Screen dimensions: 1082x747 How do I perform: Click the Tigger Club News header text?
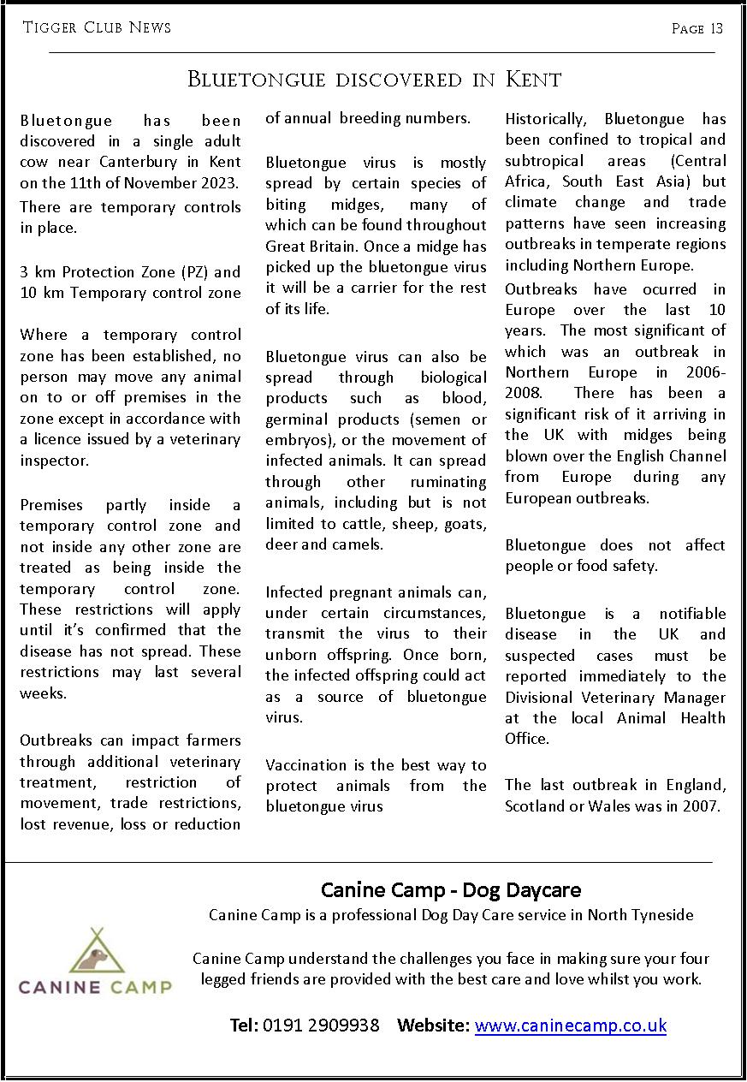coord(97,27)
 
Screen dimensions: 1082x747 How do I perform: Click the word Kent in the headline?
coord(533,80)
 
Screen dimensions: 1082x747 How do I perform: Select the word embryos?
coord(296,440)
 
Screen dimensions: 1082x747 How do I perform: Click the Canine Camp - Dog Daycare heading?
coord(451,890)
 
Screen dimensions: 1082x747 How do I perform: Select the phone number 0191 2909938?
coord(321,1025)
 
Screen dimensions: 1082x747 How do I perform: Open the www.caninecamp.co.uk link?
coord(570,1025)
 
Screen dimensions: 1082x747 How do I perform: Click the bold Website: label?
coord(433,1025)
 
